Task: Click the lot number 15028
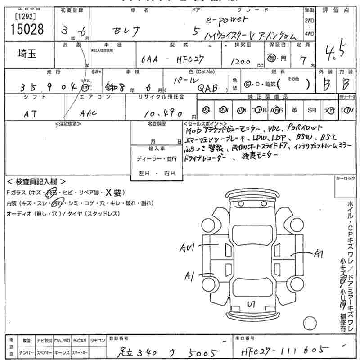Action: pos(27,29)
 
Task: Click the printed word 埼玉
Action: pos(27,54)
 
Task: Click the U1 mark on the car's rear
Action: pos(252,305)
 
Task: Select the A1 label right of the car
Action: pos(319,254)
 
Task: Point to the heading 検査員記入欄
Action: pos(36,181)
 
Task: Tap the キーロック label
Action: pos(346,179)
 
